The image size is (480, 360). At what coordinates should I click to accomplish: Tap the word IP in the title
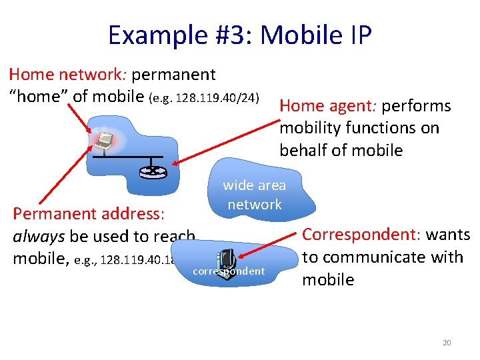click(358, 35)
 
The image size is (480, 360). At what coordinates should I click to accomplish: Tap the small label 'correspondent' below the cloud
click(228, 272)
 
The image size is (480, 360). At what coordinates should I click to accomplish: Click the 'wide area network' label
click(254, 195)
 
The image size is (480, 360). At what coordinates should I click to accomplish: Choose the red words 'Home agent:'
click(319, 106)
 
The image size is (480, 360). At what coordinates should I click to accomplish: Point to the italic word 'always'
click(39, 236)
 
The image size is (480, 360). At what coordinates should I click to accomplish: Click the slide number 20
click(447, 343)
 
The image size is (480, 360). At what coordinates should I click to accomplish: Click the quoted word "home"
click(38, 97)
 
